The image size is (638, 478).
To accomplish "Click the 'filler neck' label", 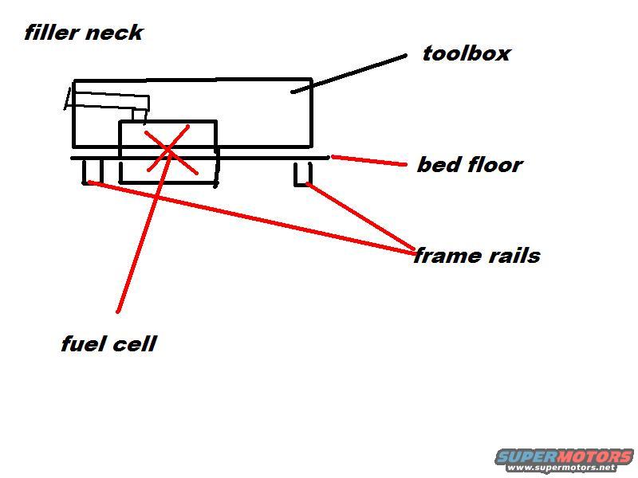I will (x=83, y=33).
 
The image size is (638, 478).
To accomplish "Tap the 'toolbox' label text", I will (x=467, y=54).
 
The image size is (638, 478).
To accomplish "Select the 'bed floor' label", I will (x=469, y=165).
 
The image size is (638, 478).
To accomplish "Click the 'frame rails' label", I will (x=477, y=256).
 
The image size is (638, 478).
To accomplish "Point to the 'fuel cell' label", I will (x=108, y=344).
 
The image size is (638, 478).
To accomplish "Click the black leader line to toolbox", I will (x=351, y=72).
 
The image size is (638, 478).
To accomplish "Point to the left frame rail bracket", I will (x=93, y=171).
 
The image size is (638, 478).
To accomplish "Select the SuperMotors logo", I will (x=564, y=456).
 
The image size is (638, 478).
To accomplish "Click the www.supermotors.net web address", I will (x=564, y=468).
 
